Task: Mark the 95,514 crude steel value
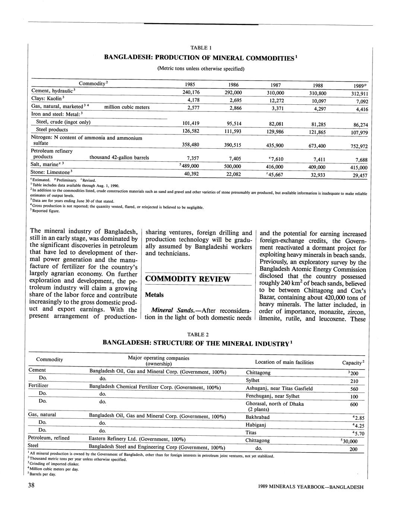tap(234, 124)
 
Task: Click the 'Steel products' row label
tap(52, 130)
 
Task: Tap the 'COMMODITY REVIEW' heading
tap(188, 279)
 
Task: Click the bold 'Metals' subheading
tap(154, 295)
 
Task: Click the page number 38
tap(31, 485)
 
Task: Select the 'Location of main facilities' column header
tap(284, 362)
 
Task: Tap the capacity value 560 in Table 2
tap(354, 388)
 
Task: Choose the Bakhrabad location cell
tap(258, 417)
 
